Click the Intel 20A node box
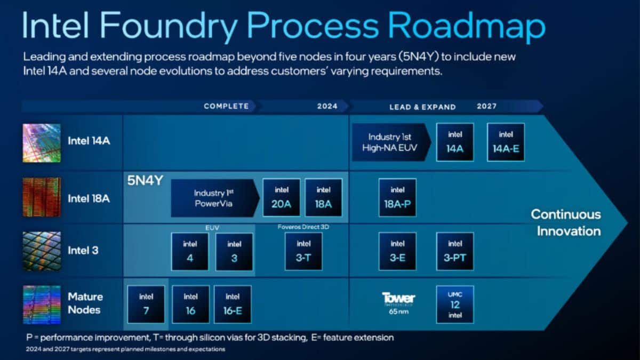pyautogui.click(x=282, y=197)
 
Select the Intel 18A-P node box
pyautogui.click(x=397, y=197)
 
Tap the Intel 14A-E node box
pyautogui.click(x=506, y=142)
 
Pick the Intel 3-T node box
pyautogui.click(x=303, y=251)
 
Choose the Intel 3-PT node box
pyautogui.click(x=455, y=251)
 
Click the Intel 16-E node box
pyautogui.click(x=233, y=304)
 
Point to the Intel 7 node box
pyautogui.click(x=146, y=304)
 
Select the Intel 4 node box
pyautogui.click(x=190, y=251)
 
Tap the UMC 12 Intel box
pyautogui.click(x=455, y=304)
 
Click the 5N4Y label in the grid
pyautogui.click(x=145, y=180)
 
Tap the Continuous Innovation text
pyautogui.click(x=565, y=222)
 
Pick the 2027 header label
pyautogui.click(x=486, y=106)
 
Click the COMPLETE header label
pyautogui.click(x=226, y=106)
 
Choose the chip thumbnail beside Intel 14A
pyautogui.click(x=42, y=143)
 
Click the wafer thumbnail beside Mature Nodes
pyautogui.click(x=42, y=305)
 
